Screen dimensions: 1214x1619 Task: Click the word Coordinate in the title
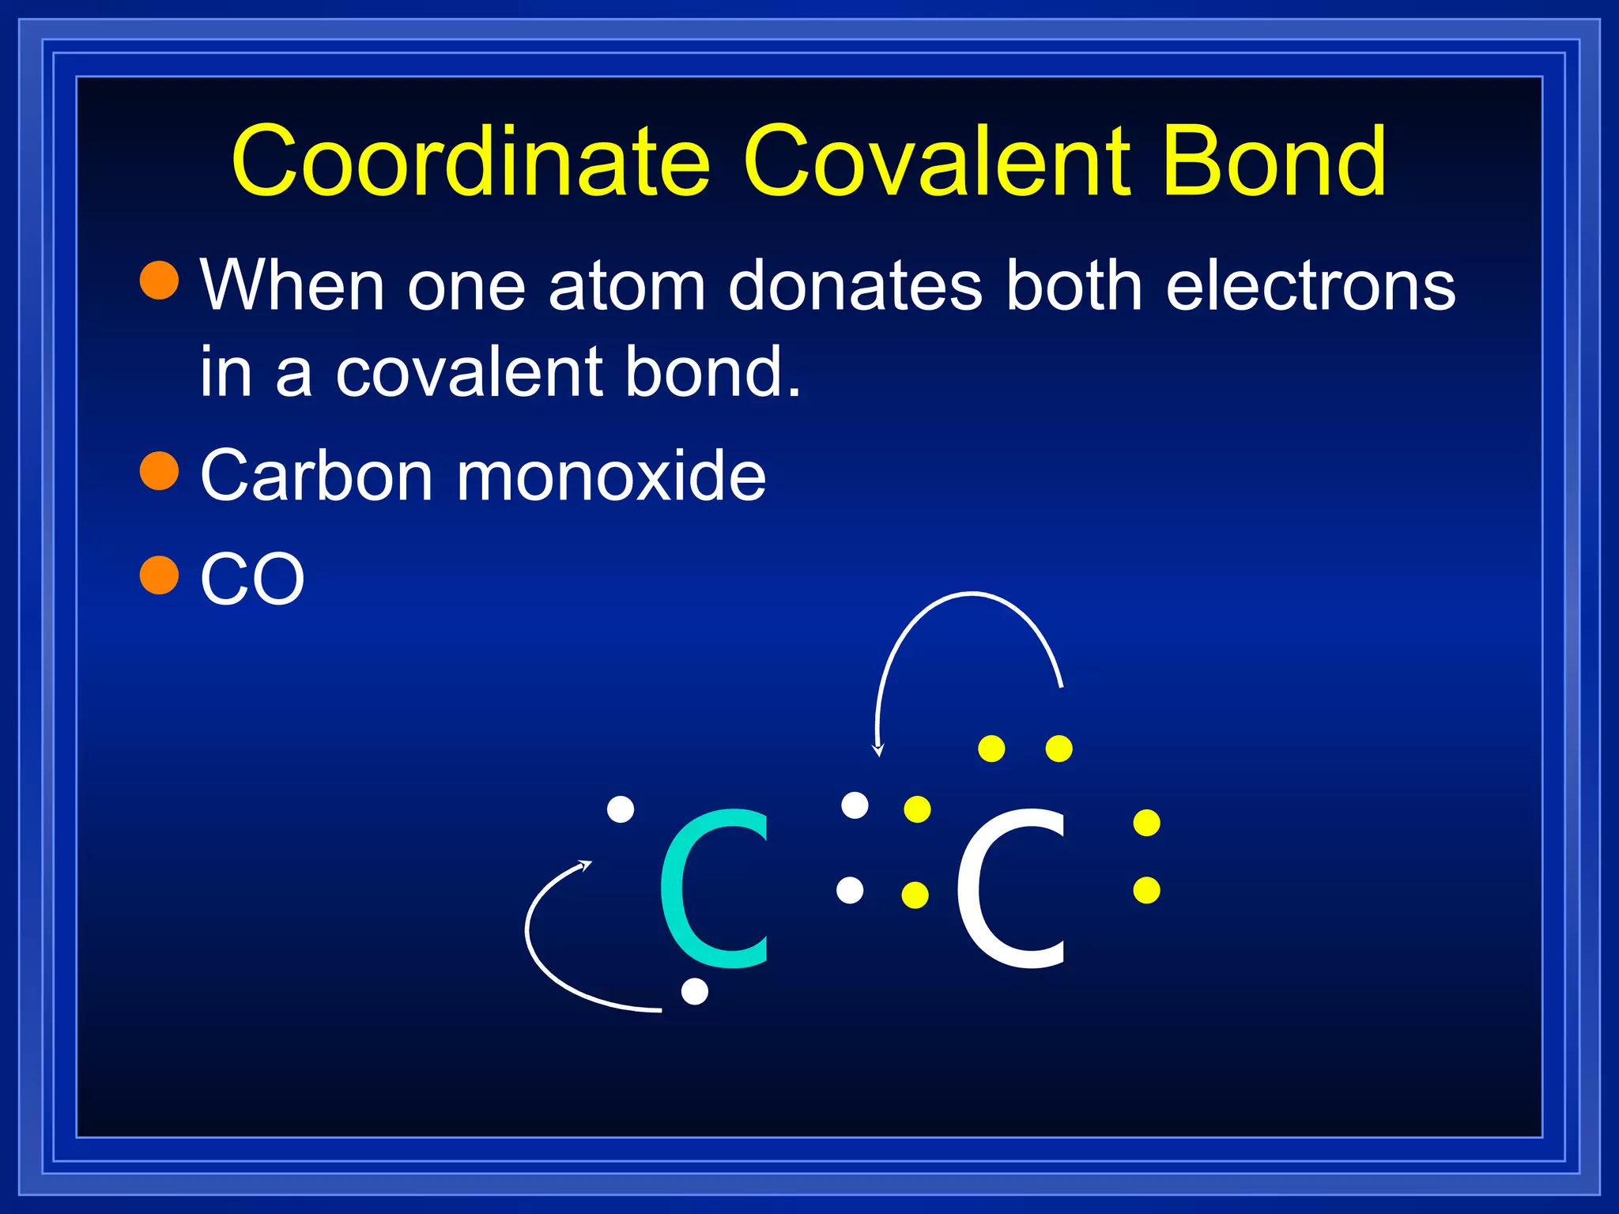[471, 162]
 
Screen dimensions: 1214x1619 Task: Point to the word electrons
[1310, 285]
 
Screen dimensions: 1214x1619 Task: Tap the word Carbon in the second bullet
[316, 476]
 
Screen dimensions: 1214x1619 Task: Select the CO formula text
[252, 579]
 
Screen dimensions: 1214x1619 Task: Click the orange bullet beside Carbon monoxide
[160, 471]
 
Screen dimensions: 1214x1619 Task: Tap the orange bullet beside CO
[160, 575]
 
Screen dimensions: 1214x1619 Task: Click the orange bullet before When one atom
[160, 281]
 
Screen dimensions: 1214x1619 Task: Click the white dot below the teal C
[694, 991]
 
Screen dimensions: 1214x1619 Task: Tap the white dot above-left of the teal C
[621, 809]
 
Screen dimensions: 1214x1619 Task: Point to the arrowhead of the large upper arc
[877, 749]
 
